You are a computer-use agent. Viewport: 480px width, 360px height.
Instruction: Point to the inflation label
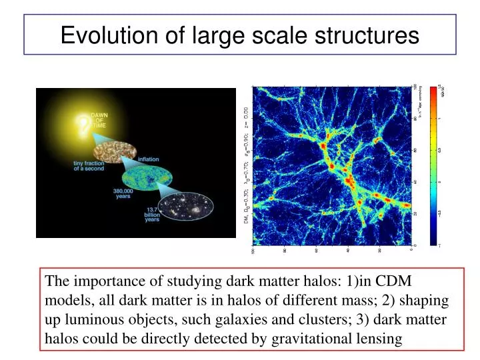(x=149, y=159)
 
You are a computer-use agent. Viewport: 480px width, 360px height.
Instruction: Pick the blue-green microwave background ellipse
(x=147, y=178)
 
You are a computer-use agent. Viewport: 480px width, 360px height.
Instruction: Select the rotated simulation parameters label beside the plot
(x=246, y=167)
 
